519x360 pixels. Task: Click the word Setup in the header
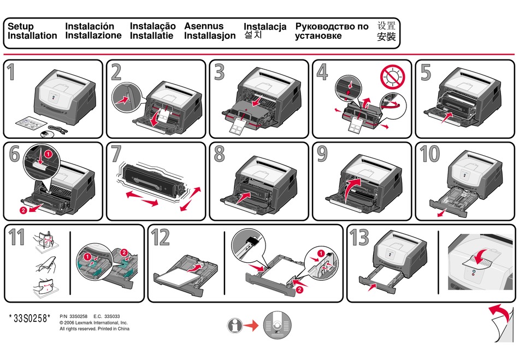click(x=20, y=26)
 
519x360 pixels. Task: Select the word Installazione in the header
click(x=93, y=36)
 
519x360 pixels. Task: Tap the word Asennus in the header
click(x=204, y=26)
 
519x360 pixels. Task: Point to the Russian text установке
click(x=319, y=36)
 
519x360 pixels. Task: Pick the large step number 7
click(x=116, y=155)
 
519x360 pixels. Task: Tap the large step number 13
click(x=360, y=238)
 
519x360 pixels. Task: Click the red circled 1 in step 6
click(x=48, y=155)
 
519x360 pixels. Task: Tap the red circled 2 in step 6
click(x=23, y=210)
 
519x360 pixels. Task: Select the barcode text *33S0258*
click(x=30, y=319)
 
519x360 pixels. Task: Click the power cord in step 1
click(x=60, y=129)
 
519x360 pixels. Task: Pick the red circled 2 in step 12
click(x=299, y=290)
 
